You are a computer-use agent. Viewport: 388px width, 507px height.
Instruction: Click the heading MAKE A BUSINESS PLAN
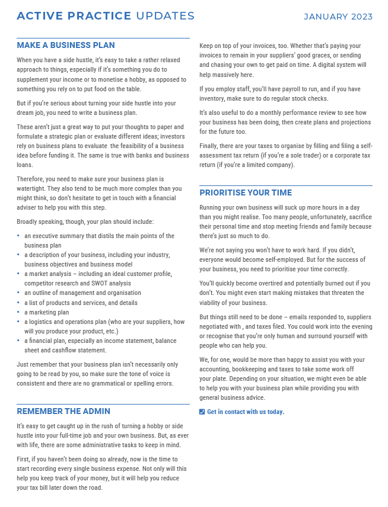(x=66, y=45)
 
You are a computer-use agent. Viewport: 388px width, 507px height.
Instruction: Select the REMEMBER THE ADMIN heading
(x=63, y=411)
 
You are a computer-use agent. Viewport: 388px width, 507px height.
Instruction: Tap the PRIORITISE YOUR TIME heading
(x=246, y=192)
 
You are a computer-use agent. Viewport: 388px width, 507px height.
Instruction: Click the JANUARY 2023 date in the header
(x=338, y=17)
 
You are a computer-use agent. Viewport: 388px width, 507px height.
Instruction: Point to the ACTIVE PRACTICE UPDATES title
(x=106, y=16)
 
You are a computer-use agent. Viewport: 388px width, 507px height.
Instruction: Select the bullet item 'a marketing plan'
(x=47, y=312)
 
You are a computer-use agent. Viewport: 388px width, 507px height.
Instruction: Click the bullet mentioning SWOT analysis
(x=98, y=278)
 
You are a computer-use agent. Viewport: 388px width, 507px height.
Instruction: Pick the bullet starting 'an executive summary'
(x=99, y=240)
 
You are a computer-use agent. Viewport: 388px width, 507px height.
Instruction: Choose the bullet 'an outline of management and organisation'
(x=82, y=293)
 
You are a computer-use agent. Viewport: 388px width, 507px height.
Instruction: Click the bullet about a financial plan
(x=100, y=345)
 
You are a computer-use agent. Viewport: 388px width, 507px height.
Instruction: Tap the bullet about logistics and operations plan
(x=104, y=326)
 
